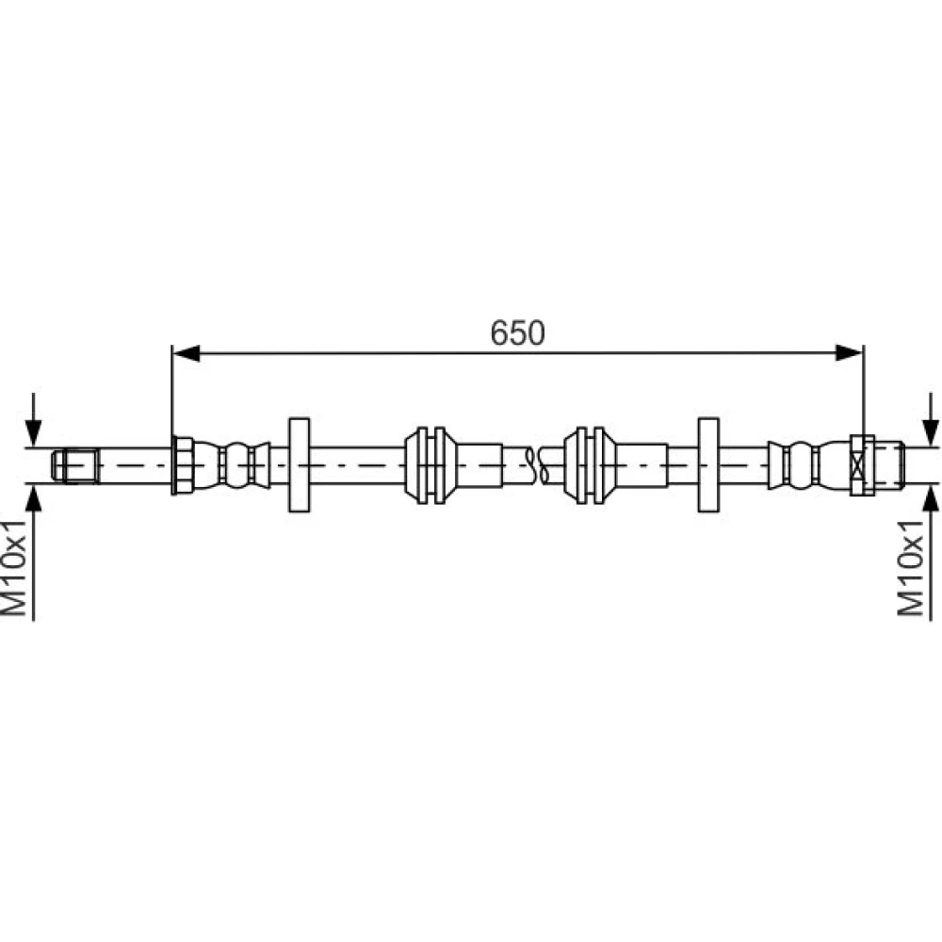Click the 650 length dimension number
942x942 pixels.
(517, 333)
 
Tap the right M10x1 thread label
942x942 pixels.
(910, 568)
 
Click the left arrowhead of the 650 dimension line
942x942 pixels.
(186, 353)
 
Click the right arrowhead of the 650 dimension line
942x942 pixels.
(850, 353)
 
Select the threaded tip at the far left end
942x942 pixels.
(75, 465)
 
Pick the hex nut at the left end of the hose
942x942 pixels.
(182, 465)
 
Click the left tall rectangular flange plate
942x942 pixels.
(300, 465)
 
